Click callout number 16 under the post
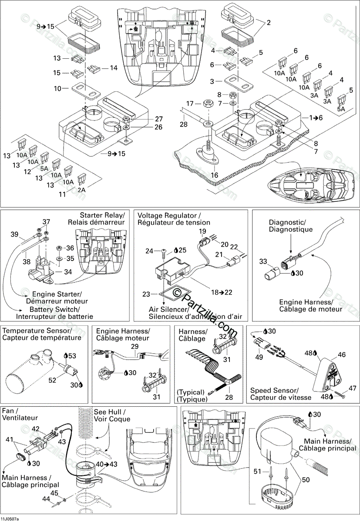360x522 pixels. pyautogui.click(x=214, y=175)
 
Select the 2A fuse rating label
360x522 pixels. pyautogui.click(x=81, y=190)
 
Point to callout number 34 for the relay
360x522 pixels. pyautogui.click(x=68, y=272)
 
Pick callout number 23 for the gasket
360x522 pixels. pyautogui.click(x=146, y=294)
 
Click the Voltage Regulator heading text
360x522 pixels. pyautogui.click(x=169, y=215)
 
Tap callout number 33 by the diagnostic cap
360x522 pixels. pyautogui.click(x=263, y=261)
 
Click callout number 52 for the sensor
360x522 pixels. pyautogui.click(x=52, y=380)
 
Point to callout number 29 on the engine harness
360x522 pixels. pyautogui.click(x=135, y=347)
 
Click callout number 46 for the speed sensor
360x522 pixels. pyautogui.click(x=342, y=355)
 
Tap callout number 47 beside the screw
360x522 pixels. pyautogui.click(x=352, y=388)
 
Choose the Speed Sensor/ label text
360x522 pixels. pyautogui.click(x=274, y=390)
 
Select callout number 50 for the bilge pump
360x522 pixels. pyautogui.click(x=306, y=479)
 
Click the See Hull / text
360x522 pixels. pyautogui.click(x=110, y=412)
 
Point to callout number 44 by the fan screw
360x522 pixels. pyautogui.click(x=46, y=499)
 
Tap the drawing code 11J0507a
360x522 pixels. pyautogui.click(x=10, y=519)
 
